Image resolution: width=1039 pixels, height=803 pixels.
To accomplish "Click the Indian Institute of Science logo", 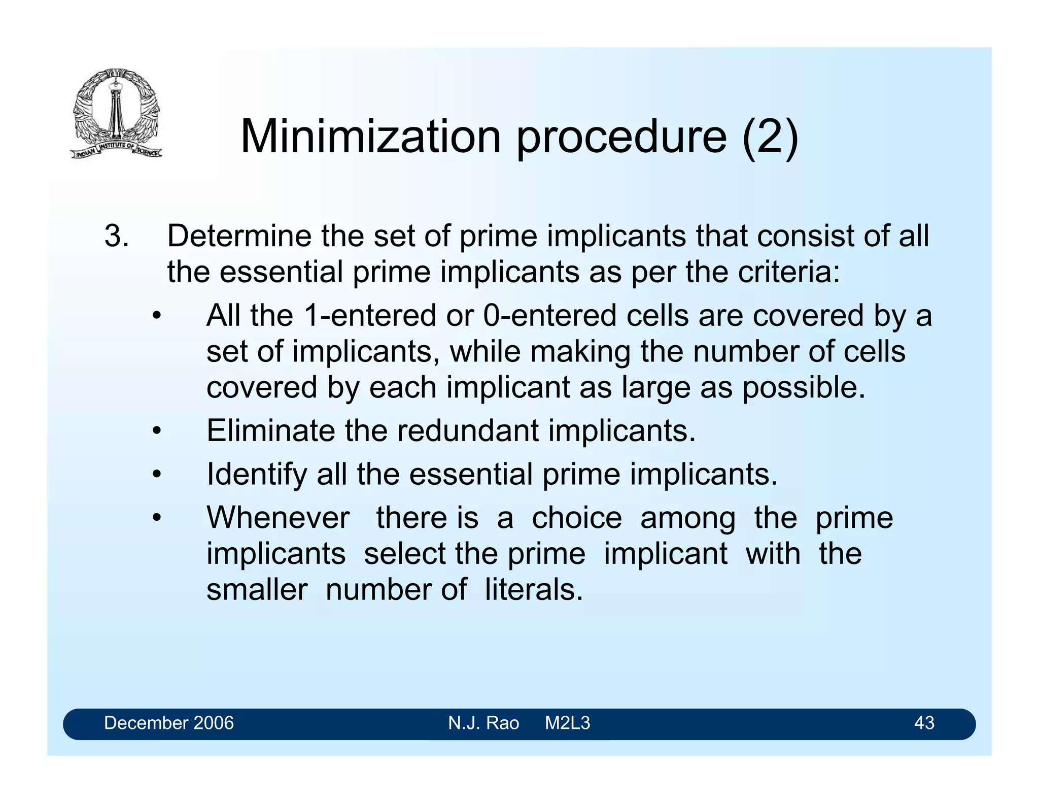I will [116, 113].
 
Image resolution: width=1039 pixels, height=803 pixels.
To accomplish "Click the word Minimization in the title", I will [370, 137].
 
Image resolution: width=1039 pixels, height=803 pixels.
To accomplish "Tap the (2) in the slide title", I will [770, 137].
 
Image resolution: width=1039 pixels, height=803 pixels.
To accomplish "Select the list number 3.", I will [116, 236].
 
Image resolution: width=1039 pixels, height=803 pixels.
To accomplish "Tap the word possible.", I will [804, 387].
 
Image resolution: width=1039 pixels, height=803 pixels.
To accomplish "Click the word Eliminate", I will [271, 431].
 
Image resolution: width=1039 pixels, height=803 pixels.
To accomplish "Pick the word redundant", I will [467, 431].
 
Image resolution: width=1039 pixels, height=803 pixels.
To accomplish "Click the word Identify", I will [257, 474].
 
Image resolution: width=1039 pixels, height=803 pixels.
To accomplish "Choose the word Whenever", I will [278, 518].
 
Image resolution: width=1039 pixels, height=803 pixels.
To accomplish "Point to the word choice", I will [576, 518].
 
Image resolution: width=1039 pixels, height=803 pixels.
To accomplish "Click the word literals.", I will [534, 590].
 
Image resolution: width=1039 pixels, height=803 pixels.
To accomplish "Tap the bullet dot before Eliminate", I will [157, 431].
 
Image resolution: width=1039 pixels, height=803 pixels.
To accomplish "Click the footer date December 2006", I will [169, 723].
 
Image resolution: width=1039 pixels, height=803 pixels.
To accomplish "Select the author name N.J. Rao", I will [483, 723].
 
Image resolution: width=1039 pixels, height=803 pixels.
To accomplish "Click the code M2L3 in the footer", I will [567, 723].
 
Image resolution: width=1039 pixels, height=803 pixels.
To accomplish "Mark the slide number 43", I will [924, 723].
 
